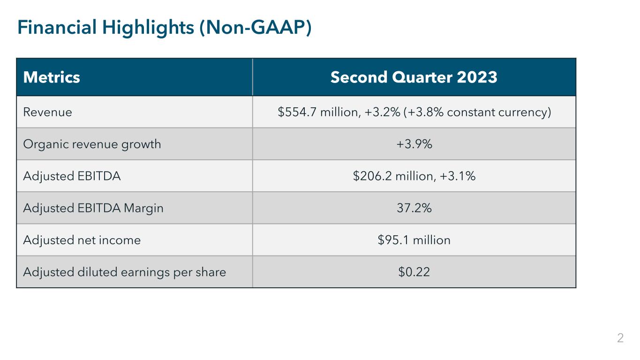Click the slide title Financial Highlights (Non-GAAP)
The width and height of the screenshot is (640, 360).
[x=164, y=28]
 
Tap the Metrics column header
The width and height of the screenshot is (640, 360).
[x=52, y=77]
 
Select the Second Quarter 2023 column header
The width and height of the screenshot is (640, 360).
[x=414, y=77]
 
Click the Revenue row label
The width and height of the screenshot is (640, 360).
[x=47, y=112]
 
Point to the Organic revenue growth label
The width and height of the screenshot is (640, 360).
[x=92, y=144]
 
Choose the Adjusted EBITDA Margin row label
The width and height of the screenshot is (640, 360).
[x=93, y=208]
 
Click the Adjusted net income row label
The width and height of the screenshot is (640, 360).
[x=82, y=240]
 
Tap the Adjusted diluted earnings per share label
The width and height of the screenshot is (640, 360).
[x=124, y=272]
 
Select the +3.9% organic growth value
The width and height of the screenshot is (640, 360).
[x=414, y=144]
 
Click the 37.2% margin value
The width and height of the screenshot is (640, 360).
[x=414, y=208]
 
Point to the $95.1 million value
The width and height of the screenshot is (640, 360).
[x=414, y=240]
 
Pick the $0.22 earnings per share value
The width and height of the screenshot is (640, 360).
[x=414, y=272]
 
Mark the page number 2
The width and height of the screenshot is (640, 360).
[x=620, y=338]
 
